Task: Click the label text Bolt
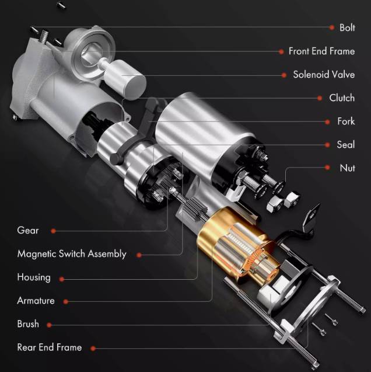[x=347, y=27]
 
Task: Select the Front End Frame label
[x=321, y=51]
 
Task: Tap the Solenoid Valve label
[x=324, y=75]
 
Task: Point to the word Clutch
[x=342, y=98]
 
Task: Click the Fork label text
[x=346, y=121]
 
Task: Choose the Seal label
[x=346, y=144]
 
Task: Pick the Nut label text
[x=347, y=168]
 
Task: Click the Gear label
[x=28, y=230]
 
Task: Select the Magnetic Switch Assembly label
[x=72, y=254]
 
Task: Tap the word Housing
[x=34, y=277]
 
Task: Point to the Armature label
[x=36, y=301]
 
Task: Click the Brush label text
[x=28, y=324]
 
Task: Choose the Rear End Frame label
[x=50, y=347]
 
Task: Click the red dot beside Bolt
[x=332, y=27]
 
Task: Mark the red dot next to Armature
[x=66, y=301]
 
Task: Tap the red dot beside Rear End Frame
[x=93, y=348]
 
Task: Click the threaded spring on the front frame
[x=44, y=37]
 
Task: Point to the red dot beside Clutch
[x=320, y=98]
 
